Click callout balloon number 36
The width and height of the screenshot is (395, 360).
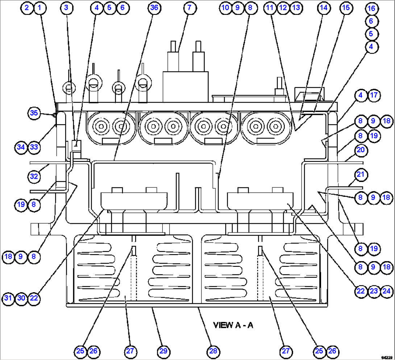tap(155, 8)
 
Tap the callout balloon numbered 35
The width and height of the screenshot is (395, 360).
tap(34, 113)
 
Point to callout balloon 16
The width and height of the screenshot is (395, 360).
tap(371, 8)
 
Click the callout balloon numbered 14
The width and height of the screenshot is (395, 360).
tap(324, 8)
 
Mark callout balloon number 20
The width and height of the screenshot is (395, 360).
tap(361, 149)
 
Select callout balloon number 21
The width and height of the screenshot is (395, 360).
tap(360, 174)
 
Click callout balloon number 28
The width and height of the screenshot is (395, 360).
tap(213, 351)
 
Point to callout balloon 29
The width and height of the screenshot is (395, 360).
tap(163, 351)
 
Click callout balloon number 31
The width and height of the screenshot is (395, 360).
tap(8, 298)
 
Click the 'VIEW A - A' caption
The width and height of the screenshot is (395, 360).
tap(233, 325)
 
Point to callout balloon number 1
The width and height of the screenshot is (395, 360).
tap(40, 8)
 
